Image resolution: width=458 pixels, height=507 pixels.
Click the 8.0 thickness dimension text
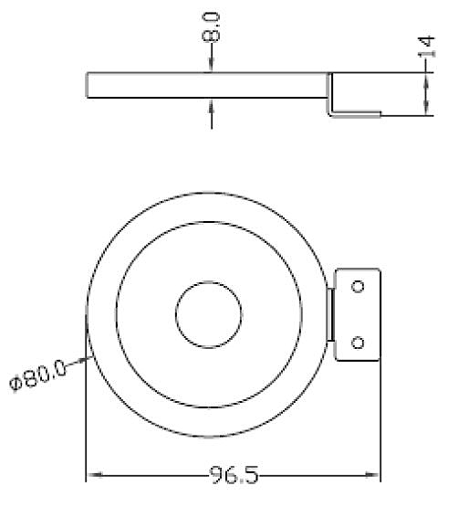pyautogui.click(x=211, y=26)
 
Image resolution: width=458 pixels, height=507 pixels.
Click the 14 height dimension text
pyautogui.click(x=426, y=47)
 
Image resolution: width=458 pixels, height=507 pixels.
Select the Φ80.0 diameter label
pyautogui.click(x=38, y=375)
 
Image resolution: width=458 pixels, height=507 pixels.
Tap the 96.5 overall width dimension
pyautogui.click(x=234, y=475)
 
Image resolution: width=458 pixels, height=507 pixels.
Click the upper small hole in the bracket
pyautogui.click(x=358, y=287)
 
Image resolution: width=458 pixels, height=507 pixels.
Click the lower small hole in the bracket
pyautogui.click(x=358, y=343)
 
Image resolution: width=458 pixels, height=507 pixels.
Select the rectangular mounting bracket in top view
pyautogui.click(x=358, y=314)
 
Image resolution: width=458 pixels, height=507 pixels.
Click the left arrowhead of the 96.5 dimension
pyautogui.click(x=95, y=475)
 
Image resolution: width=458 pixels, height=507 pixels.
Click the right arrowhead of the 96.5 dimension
pyautogui.click(x=371, y=475)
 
